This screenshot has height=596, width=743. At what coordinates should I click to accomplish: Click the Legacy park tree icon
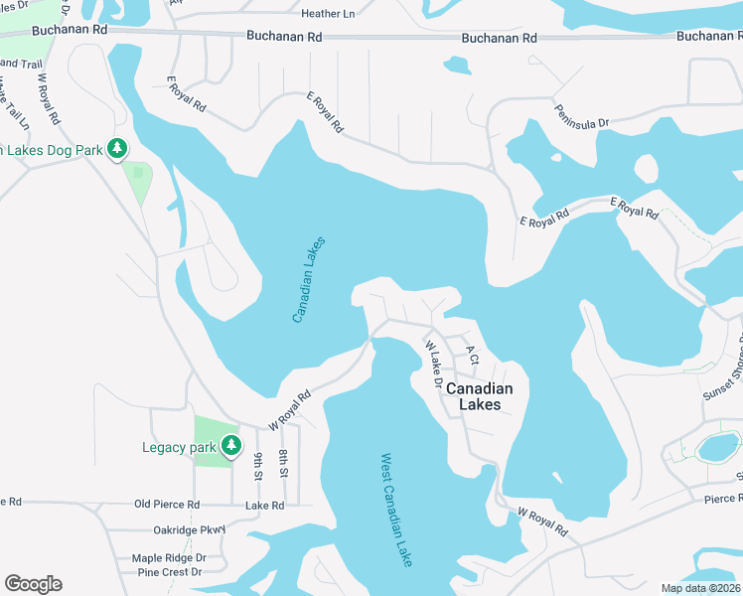coord(231,445)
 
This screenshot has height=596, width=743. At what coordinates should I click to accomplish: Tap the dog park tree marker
coord(118,149)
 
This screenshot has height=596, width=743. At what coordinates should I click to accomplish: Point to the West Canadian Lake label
coord(396,511)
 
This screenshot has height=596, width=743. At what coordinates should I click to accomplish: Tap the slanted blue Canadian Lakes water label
coord(310,278)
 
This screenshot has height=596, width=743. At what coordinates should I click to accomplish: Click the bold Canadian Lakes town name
coord(479,396)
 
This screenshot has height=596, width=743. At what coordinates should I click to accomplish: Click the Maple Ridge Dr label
coord(168,558)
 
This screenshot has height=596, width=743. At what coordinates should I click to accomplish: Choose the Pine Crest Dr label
coord(170,572)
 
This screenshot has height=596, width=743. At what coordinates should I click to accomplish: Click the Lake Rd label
coord(265,506)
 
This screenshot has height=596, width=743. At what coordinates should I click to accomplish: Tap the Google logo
coord(33,584)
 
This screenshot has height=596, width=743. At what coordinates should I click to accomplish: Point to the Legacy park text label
coord(179,447)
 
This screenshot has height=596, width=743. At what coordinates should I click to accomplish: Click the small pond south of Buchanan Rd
coord(457,66)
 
